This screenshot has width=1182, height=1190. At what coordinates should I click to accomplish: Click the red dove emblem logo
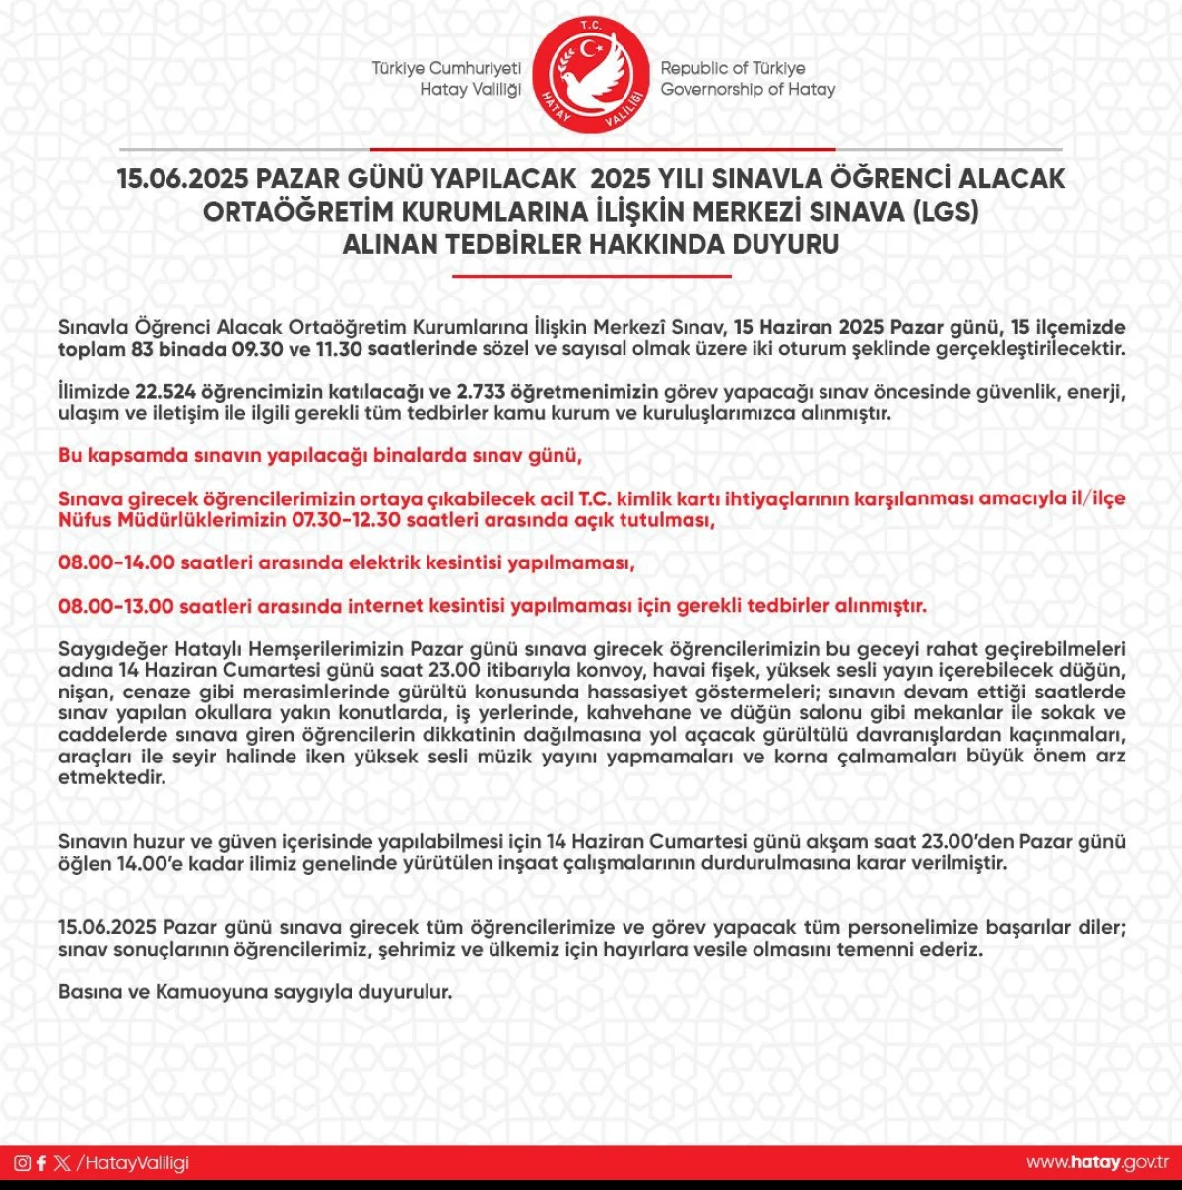point(591,79)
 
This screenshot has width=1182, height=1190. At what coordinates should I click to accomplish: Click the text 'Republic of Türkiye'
point(732,68)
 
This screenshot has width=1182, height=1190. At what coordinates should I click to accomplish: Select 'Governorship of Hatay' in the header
point(748,89)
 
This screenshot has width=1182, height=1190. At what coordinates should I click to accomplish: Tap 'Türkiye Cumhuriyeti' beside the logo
point(446,68)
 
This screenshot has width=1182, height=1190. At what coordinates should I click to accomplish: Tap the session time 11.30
point(339,349)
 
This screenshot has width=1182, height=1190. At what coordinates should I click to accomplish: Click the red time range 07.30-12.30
point(347,520)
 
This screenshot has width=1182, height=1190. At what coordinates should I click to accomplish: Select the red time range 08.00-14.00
point(116,562)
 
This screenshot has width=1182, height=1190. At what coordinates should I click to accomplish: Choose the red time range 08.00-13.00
point(116,606)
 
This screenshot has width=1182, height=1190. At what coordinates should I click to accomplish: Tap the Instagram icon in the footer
point(22,1162)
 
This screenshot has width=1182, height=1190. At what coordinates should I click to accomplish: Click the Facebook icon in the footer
point(41,1162)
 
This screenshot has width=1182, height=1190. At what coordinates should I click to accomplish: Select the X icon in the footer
point(63,1162)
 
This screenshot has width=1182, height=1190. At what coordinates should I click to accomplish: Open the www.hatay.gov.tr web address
point(1097,1162)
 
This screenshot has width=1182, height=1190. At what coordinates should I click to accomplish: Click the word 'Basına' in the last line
point(90,992)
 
